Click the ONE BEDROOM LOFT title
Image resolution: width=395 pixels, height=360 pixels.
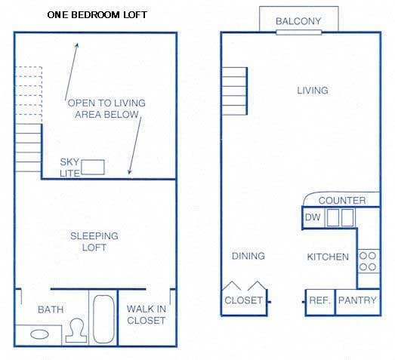click(97, 14)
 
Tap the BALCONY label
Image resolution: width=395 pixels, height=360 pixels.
click(298, 20)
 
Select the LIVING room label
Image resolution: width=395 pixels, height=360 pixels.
click(312, 91)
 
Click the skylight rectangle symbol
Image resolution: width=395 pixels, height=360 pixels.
click(94, 168)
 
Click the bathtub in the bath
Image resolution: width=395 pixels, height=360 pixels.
click(103, 318)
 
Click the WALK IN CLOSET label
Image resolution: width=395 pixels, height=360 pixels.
click(146, 315)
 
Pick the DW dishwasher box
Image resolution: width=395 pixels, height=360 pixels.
click(313, 218)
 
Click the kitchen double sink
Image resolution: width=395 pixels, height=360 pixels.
click(339, 218)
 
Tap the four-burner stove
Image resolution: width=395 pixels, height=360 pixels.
click(368, 261)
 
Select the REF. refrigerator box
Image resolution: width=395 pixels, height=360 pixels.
click(319, 300)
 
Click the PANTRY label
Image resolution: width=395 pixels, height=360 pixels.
click(356, 300)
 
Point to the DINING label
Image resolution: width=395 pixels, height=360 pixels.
click(248, 256)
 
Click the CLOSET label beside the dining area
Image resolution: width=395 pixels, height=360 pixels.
click(244, 300)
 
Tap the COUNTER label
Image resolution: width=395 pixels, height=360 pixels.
click(341, 200)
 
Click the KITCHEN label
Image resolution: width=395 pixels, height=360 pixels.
click(328, 257)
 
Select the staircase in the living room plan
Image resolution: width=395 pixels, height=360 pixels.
click(234, 92)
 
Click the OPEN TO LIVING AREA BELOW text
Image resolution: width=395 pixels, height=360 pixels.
click(106, 109)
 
